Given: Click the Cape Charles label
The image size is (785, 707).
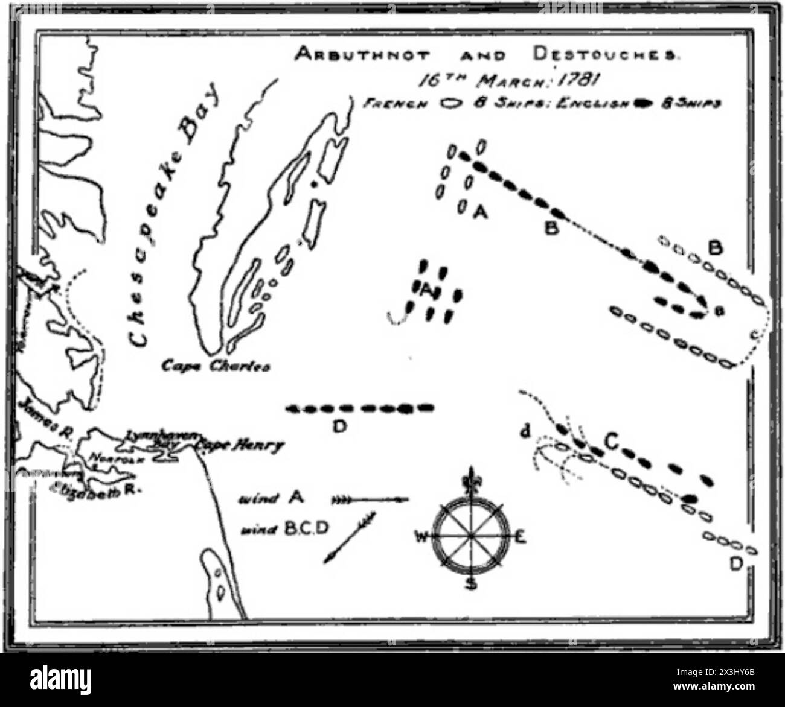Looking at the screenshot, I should point(215,366).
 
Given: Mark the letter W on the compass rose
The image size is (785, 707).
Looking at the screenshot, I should point(421,536).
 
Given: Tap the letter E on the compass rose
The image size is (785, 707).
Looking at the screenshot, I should point(521,536).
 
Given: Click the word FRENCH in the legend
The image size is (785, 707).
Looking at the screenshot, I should point(395,103).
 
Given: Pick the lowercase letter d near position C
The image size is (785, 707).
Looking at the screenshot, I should point(525,431).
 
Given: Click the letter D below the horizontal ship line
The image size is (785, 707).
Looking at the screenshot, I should point(339,427).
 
